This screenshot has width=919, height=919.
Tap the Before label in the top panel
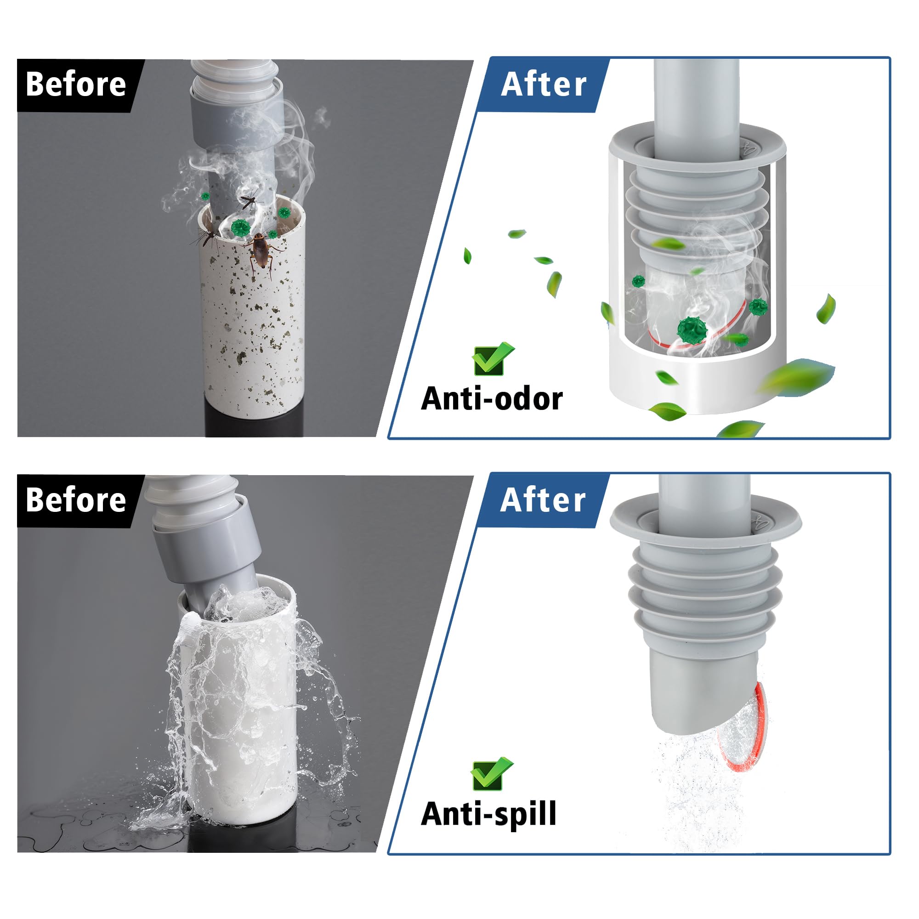point(76,85)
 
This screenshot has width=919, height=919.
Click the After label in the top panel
point(544,85)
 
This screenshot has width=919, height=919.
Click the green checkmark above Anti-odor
point(493,359)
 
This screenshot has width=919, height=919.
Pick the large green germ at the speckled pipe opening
point(241,228)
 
